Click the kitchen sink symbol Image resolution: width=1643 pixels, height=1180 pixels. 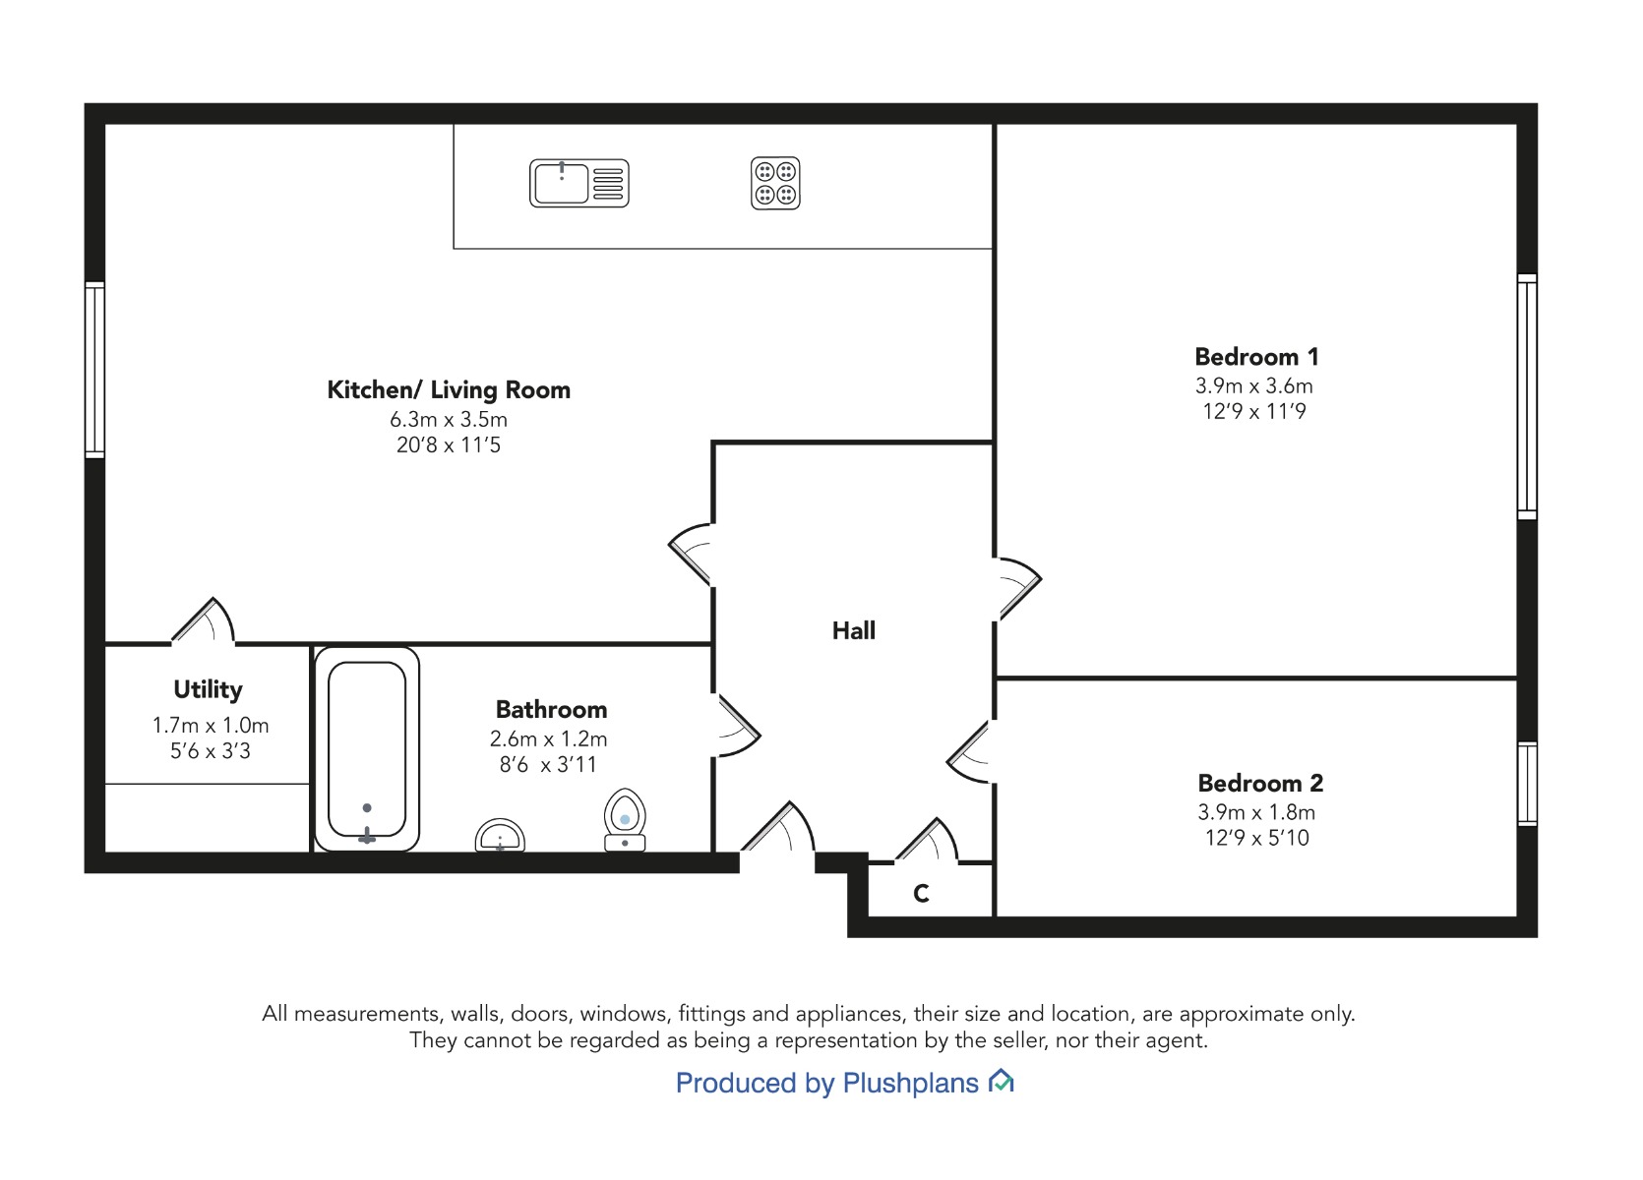pos(579,183)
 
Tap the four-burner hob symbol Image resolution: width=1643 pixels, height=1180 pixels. pos(775,183)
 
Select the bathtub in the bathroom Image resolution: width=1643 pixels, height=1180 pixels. pos(367,749)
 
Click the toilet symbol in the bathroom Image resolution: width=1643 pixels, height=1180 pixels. pos(625,820)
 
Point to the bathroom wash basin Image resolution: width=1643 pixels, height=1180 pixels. pos(500,836)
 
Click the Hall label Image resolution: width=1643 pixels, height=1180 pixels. pos(854,631)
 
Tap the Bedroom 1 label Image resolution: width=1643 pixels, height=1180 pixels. pos(1257,357)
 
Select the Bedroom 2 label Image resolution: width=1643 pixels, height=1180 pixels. pos(1261,784)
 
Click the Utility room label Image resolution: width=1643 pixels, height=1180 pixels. pos(209,690)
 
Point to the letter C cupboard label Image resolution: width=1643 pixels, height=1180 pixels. pos(921,894)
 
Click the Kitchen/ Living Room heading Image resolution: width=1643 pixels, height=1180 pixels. pos(449,390)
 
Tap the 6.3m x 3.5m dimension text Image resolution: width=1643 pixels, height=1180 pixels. pos(449,420)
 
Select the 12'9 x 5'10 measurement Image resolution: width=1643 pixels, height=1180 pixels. pos(1257,838)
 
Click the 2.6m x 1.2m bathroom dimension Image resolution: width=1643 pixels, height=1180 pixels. pos(549,738)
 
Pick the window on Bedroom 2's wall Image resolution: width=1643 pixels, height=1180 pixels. pos(1527,785)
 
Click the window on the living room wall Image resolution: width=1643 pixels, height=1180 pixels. pos(94,370)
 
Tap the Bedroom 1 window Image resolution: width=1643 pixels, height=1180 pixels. pos(1527,396)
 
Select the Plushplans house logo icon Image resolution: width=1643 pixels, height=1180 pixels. pos(1002,1081)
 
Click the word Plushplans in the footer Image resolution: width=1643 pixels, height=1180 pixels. pos(910,1084)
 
